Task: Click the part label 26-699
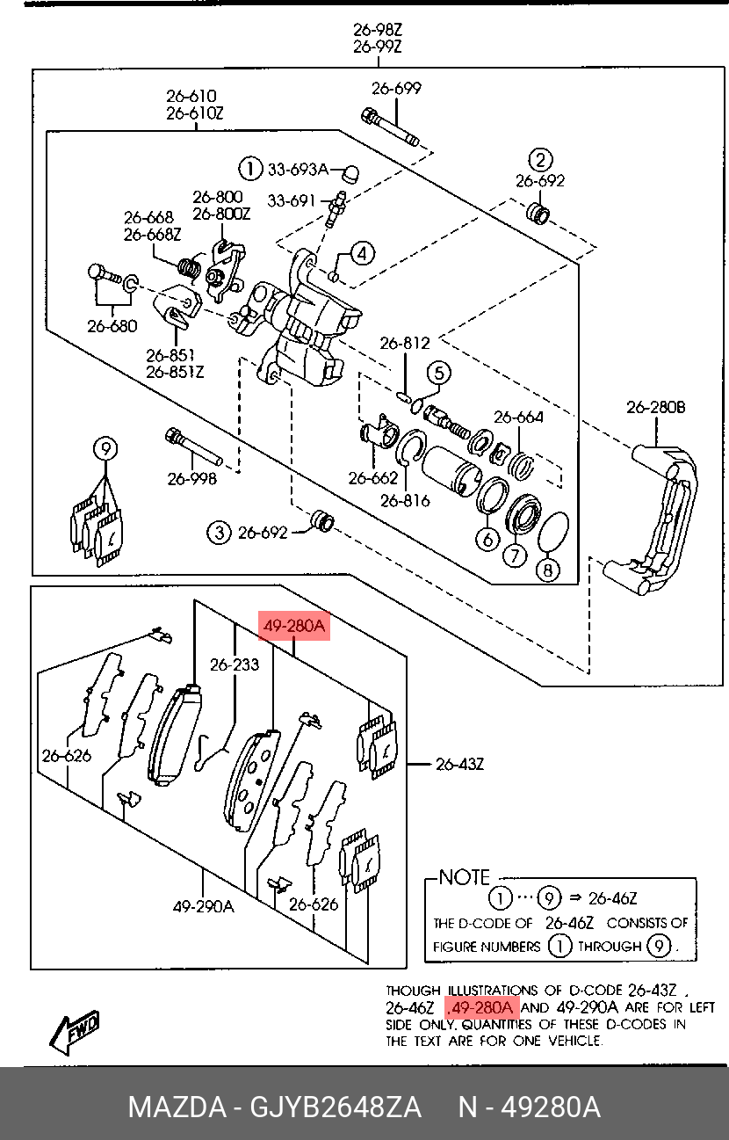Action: point(396,89)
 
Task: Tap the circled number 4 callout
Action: point(362,253)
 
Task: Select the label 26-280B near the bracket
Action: point(656,408)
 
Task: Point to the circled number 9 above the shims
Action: point(105,449)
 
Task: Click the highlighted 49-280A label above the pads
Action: point(294,626)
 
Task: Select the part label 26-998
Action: point(191,478)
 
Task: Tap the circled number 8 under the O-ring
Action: point(547,570)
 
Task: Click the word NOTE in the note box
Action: point(464,877)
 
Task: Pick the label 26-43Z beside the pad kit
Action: point(459,764)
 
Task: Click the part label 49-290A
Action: point(203,906)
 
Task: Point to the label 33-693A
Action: point(298,169)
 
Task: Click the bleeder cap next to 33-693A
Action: point(350,173)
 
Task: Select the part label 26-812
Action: point(405,344)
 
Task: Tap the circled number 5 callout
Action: point(438,373)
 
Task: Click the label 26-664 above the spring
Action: point(518,418)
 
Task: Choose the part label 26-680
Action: point(112,326)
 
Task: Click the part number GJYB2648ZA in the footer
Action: point(335,1107)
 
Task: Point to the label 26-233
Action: point(234,664)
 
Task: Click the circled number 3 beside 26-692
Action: point(219,533)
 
